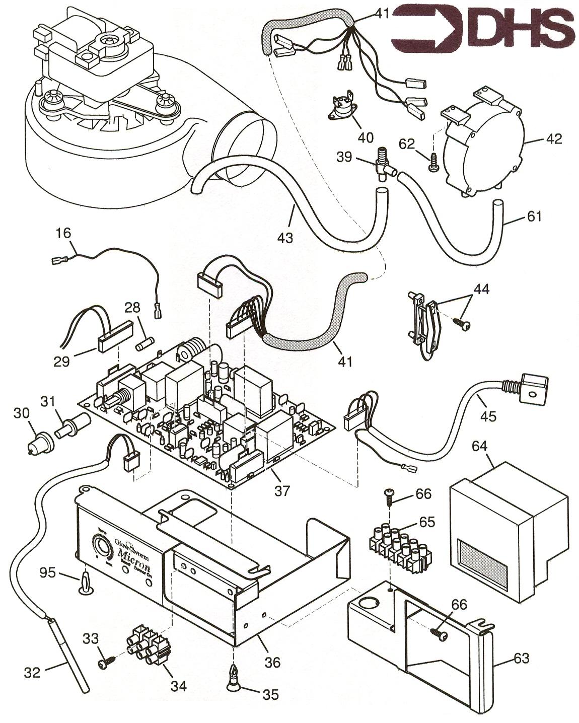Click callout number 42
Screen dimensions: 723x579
553,138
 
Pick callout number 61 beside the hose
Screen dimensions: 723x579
534,216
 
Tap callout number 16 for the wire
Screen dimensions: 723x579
64,233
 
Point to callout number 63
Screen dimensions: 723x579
522,659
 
